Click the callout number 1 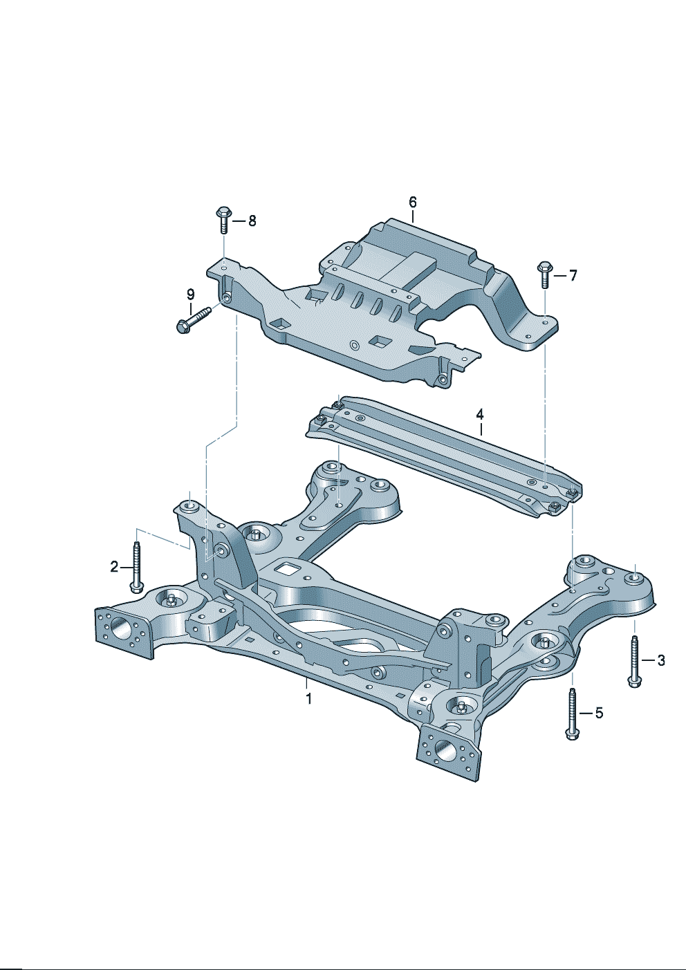click(x=309, y=699)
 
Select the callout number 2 click(x=114, y=566)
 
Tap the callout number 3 click(x=661, y=660)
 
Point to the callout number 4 click(x=479, y=414)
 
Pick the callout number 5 click(x=599, y=713)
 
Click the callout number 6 click(x=413, y=202)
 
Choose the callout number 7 click(x=573, y=275)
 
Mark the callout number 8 click(x=252, y=221)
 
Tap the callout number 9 click(x=191, y=295)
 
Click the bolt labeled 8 click(x=223, y=220)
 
